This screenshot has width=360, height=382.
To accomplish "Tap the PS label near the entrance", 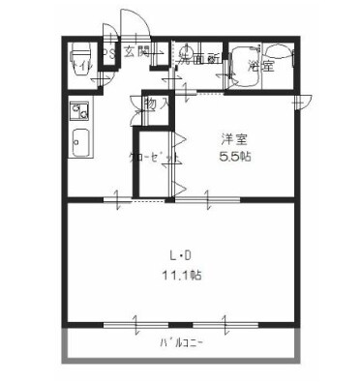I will point(109,53).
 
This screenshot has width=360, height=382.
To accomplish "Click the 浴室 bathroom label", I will point(258,66).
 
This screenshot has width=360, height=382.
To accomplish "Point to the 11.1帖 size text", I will point(181,276).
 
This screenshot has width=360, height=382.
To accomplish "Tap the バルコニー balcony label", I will point(181,344).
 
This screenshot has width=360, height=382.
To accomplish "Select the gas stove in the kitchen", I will point(78,109).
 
